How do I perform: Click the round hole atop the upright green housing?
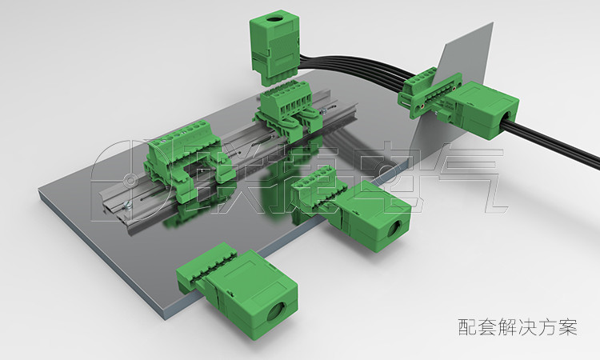tap(274, 19)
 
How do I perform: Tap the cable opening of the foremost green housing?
tap(276, 312)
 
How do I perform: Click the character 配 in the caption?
tap(468, 327)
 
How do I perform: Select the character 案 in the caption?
tap(567, 327)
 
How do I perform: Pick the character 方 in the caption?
tap(547, 327)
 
